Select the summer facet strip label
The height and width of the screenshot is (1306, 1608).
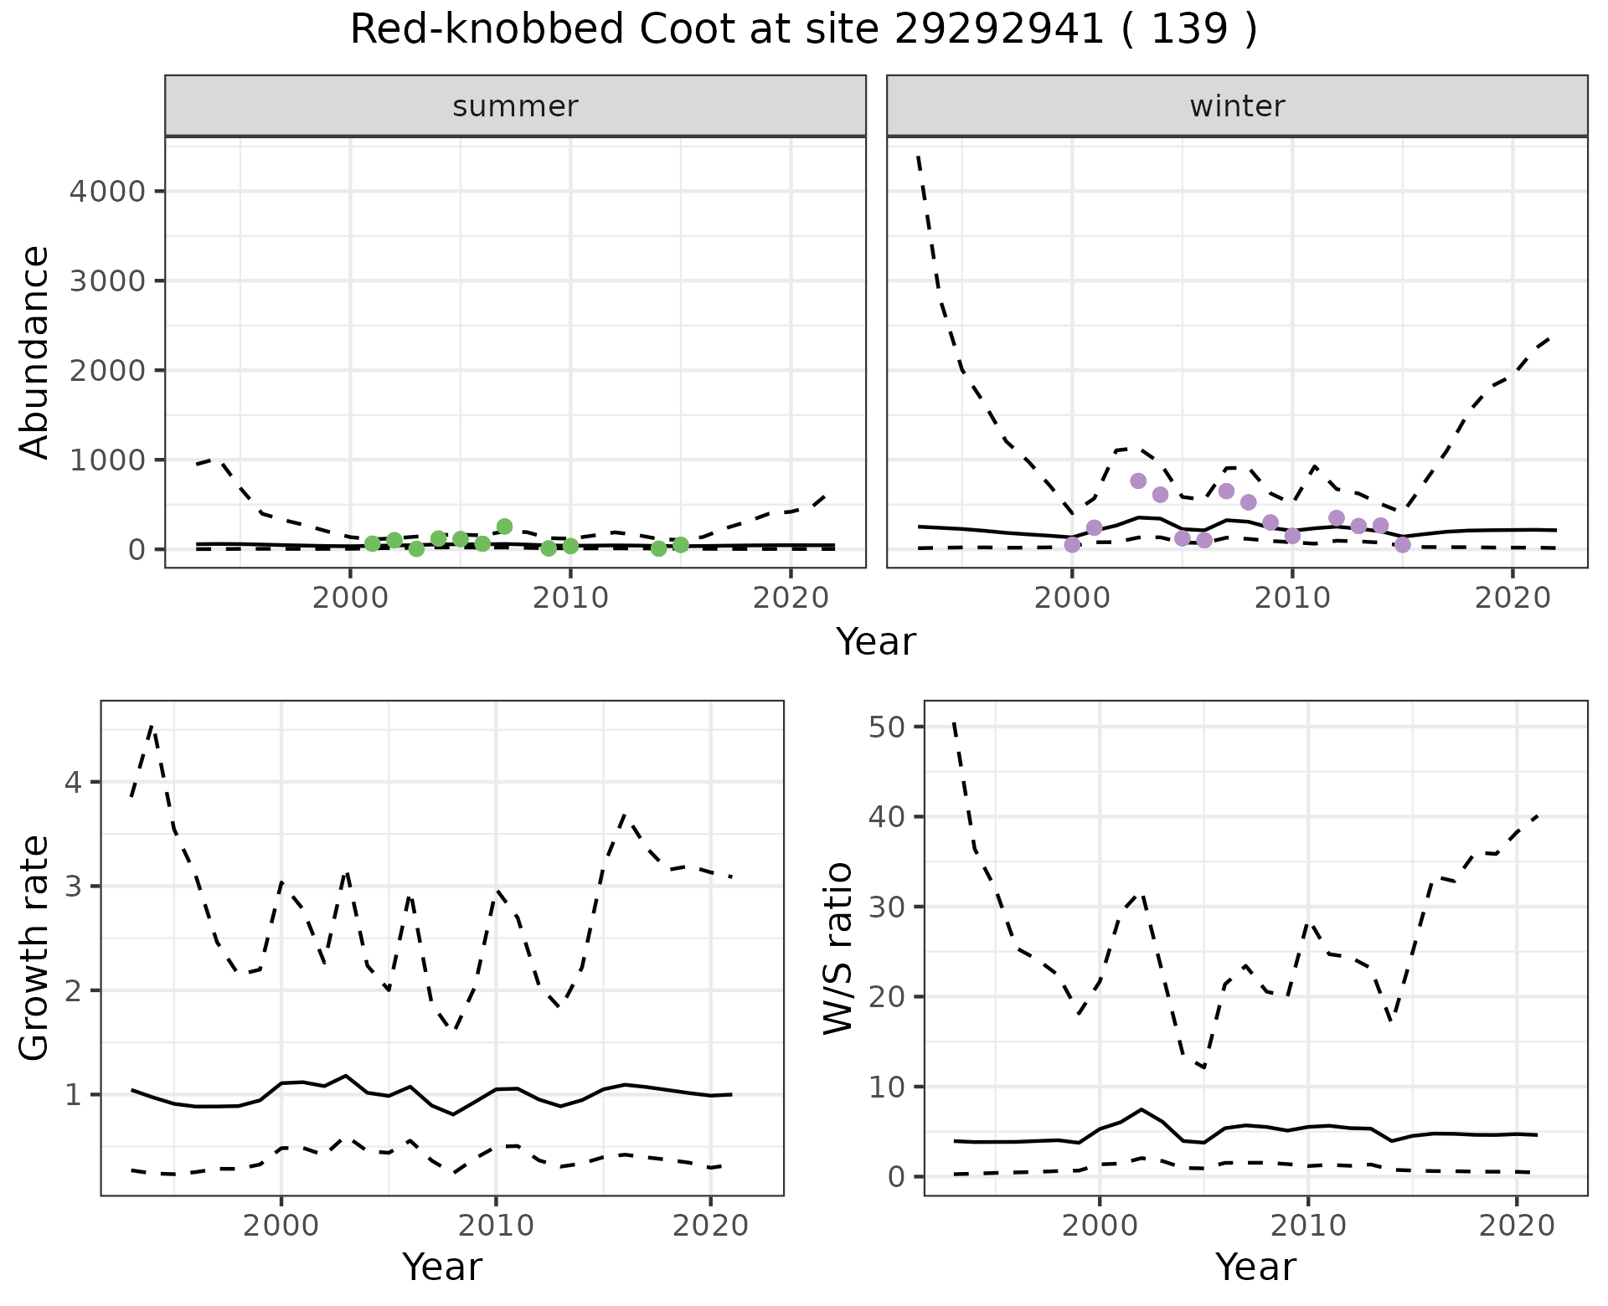(515, 106)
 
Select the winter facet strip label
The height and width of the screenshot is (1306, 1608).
(1237, 106)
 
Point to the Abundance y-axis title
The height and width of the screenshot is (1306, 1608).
(34, 352)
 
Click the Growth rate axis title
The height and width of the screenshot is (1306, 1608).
(34, 948)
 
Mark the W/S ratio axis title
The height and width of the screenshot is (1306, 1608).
(837, 948)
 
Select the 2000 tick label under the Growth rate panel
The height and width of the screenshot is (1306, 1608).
(281, 1226)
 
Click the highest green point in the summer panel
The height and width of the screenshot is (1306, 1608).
(504, 527)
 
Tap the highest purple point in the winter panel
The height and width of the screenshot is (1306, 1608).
(1138, 481)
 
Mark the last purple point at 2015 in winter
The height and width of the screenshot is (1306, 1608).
(1403, 545)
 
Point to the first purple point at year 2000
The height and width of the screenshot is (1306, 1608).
(1072, 545)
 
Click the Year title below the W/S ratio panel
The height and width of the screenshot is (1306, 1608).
(1255, 1267)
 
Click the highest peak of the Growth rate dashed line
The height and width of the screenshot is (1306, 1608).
(152, 726)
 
